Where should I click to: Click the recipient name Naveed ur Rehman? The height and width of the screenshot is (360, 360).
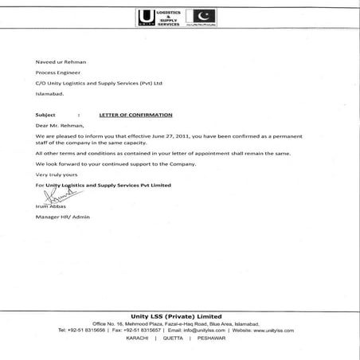coord(61,61)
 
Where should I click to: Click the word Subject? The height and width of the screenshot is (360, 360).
coord(46,115)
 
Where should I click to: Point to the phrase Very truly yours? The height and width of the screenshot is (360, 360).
coord(57,174)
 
